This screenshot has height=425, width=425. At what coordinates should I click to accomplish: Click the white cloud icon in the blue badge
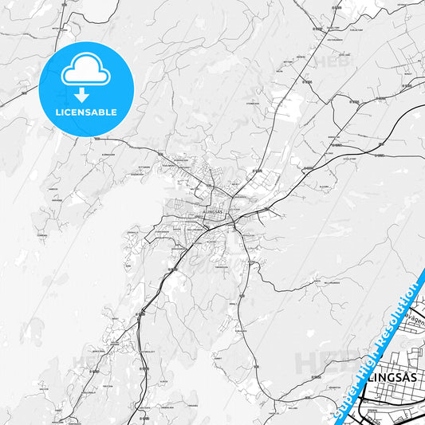85,73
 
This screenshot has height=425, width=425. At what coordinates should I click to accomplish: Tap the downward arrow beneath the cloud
82,95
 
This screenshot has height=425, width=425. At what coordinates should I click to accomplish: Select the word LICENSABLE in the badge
85,112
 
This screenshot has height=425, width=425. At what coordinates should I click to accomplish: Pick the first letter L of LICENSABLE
56,112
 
